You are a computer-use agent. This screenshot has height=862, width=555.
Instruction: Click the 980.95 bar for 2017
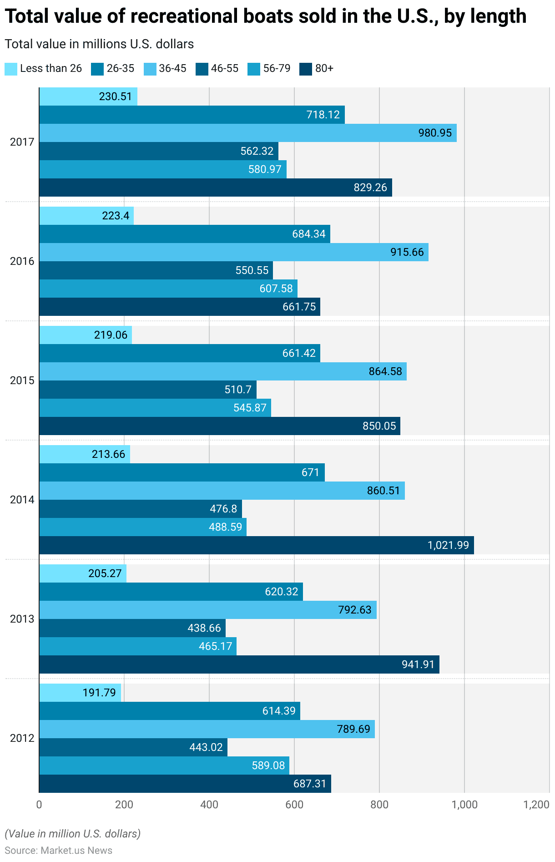click(x=248, y=133)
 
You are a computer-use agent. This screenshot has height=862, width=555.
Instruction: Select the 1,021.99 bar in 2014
click(x=257, y=545)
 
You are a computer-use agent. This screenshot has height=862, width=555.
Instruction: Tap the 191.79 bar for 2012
click(x=80, y=693)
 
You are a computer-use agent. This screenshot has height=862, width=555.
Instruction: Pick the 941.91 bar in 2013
click(x=239, y=664)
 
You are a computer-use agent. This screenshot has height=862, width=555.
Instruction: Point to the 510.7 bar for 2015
click(x=148, y=390)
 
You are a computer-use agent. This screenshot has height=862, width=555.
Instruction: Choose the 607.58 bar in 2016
click(x=168, y=289)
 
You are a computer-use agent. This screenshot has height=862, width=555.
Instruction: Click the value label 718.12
click(x=323, y=115)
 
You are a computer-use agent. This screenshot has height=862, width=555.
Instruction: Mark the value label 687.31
click(x=309, y=784)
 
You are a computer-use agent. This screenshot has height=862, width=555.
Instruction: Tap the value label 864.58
click(x=385, y=371)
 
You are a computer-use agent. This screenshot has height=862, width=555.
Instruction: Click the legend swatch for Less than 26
click(x=11, y=69)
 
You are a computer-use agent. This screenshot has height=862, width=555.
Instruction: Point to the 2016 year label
click(x=22, y=261)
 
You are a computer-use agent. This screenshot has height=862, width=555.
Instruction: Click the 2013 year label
click(x=22, y=619)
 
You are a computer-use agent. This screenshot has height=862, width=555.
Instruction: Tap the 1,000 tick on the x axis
click(x=464, y=805)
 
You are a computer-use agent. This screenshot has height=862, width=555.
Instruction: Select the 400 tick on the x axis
click(x=209, y=805)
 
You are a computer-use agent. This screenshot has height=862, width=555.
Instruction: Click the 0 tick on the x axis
click(x=39, y=805)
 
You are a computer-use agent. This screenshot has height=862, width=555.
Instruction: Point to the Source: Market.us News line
click(x=58, y=851)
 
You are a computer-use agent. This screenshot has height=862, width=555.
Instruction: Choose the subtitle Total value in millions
click(x=99, y=44)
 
